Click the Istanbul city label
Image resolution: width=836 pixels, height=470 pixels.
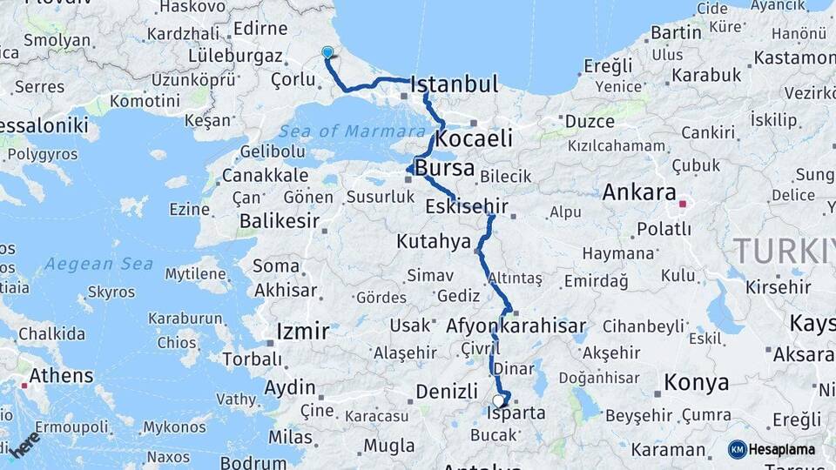point(454,84)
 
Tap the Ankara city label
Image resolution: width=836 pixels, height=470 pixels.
point(639,191)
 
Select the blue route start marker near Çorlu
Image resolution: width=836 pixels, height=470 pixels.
point(327,52)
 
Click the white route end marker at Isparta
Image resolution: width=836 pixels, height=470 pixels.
point(498,401)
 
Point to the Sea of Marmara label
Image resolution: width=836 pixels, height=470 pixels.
point(353,131)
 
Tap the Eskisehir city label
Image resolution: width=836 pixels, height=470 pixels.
point(467,207)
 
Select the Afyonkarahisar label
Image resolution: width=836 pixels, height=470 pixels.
point(516,326)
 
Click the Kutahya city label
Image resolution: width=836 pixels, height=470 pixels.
point(433,241)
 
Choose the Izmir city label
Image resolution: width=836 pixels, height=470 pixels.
point(302,332)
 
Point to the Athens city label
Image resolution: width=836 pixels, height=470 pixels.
point(61,376)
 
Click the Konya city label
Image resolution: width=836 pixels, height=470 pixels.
point(696,382)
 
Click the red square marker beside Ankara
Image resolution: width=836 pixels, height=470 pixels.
point(684,205)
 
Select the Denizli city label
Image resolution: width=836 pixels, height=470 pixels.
point(447,392)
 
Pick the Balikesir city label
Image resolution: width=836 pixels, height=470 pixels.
point(279,221)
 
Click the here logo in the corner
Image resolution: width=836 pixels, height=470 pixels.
point(24,444)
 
